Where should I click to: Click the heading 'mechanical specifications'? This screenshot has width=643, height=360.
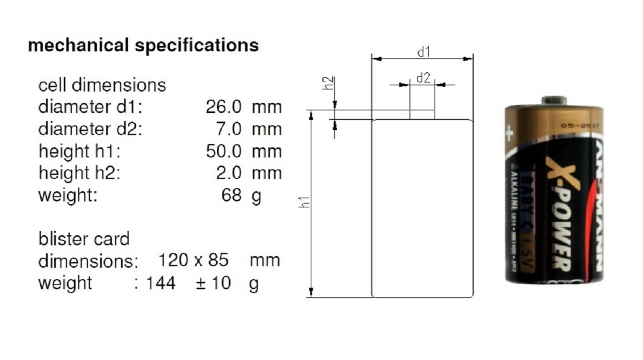click(x=143, y=45)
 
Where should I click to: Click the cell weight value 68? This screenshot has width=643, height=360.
click(x=231, y=195)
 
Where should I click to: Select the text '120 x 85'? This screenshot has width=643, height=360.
click(x=193, y=260)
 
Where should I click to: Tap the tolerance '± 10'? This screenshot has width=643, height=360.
click(x=213, y=283)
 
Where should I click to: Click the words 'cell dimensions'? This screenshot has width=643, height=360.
click(x=102, y=85)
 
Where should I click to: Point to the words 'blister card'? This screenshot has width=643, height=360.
click(x=84, y=238)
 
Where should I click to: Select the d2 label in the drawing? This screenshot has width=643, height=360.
click(x=423, y=78)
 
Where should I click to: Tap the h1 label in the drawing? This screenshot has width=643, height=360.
click(x=303, y=202)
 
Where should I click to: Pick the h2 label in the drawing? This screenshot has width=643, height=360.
click(x=331, y=83)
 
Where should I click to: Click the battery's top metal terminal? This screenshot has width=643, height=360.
click(x=554, y=100)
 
